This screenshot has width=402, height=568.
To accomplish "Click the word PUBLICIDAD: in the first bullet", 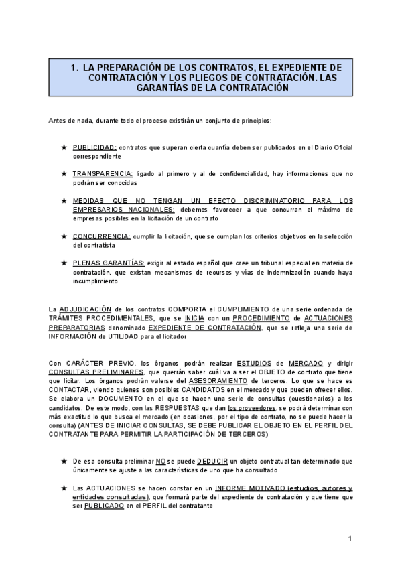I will point(94,147).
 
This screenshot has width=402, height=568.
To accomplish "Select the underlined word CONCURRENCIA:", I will point(101,236).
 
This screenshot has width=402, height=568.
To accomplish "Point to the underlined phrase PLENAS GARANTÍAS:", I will point(109,263).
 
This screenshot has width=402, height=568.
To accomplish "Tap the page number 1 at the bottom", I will point(350,539).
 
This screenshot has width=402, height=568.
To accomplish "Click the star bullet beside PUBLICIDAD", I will point(64,147).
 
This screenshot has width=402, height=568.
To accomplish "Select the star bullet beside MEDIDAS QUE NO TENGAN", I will point(64,200).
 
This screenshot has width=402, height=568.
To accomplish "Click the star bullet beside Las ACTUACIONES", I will point(64,488).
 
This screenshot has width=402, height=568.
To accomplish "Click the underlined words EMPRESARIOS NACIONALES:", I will point(123,209).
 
